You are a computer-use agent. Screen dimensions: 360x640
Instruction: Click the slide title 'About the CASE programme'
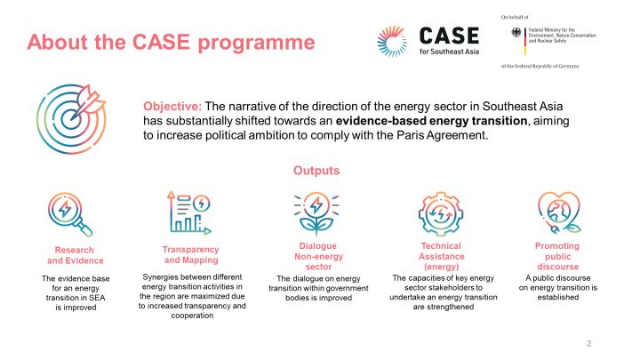(171, 42)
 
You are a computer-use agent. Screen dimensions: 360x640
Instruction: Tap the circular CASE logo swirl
(396, 41)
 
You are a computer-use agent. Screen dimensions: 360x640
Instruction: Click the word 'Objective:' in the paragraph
(172, 105)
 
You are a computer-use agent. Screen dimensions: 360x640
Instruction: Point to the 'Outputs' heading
(316, 170)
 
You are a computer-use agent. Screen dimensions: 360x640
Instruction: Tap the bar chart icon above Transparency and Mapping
(190, 212)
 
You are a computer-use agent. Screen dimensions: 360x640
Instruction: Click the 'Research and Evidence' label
(75, 255)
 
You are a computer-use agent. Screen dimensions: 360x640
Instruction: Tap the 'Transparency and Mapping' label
(190, 255)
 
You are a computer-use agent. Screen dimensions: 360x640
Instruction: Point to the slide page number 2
(588, 344)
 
